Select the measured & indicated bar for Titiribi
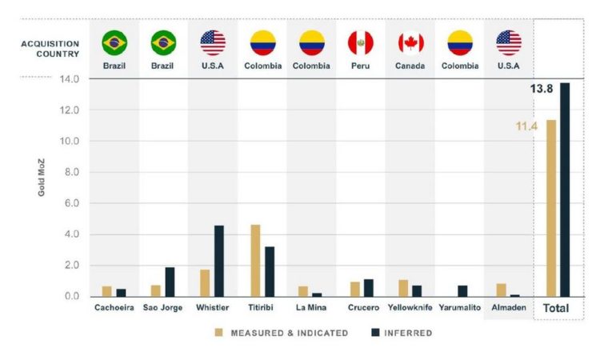(x=255, y=261)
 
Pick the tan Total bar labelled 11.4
(x=551, y=208)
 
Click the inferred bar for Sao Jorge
(x=170, y=282)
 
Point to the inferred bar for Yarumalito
(x=462, y=290)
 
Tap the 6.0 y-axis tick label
(x=70, y=203)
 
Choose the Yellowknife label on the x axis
(x=410, y=307)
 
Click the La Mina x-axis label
(x=311, y=307)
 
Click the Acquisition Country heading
(x=50, y=49)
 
